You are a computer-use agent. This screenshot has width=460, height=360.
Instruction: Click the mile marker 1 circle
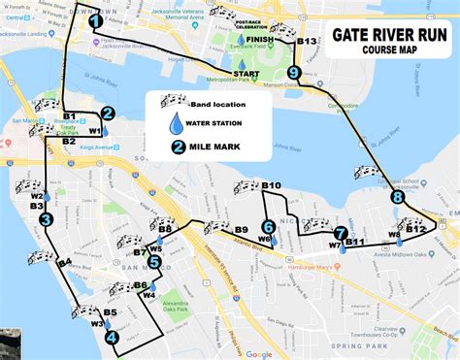[x=95, y=19]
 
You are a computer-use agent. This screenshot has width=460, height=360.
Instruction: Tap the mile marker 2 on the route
[x=108, y=113]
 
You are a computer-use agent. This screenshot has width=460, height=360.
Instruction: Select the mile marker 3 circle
[x=46, y=220]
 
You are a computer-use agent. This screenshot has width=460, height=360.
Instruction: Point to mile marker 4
[x=112, y=338]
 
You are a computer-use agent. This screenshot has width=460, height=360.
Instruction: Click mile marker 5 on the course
[x=154, y=262]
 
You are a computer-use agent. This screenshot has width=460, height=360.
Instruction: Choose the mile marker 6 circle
[x=268, y=227]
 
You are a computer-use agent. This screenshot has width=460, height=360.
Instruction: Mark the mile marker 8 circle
[x=397, y=197]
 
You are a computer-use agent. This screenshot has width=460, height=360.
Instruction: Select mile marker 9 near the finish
[x=295, y=73]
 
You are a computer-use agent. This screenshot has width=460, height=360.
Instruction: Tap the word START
[x=246, y=74]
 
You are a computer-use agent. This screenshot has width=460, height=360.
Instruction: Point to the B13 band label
[x=307, y=42]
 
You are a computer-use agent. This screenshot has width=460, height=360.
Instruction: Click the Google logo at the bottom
[x=259, y=354]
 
